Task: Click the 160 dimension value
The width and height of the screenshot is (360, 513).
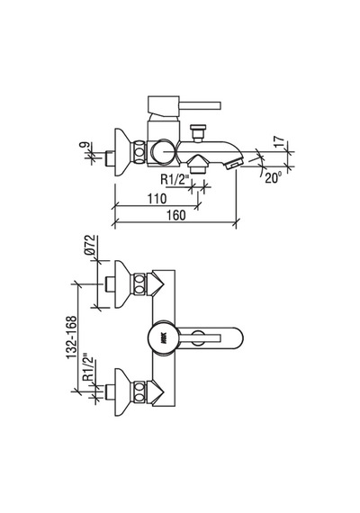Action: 176,215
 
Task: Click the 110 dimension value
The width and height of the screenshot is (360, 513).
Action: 157,199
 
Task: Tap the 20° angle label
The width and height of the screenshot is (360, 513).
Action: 273,177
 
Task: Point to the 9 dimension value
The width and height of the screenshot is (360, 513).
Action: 85,145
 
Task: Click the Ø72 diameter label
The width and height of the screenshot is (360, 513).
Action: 90,246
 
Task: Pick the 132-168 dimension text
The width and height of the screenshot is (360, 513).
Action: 72,337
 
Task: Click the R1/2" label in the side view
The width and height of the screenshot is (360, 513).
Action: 175,180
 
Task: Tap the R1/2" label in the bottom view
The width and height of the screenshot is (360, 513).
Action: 88,367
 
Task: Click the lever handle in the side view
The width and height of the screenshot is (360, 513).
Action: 184,105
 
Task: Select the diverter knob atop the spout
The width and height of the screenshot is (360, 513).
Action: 199,132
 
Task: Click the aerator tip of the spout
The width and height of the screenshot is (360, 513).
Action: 234,163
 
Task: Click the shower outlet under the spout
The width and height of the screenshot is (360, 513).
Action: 197,165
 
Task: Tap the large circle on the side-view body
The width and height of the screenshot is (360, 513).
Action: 162,152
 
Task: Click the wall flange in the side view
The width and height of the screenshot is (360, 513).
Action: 122,152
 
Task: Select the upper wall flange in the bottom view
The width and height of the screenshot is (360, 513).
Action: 122,284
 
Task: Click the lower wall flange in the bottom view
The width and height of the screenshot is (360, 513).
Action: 122,391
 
